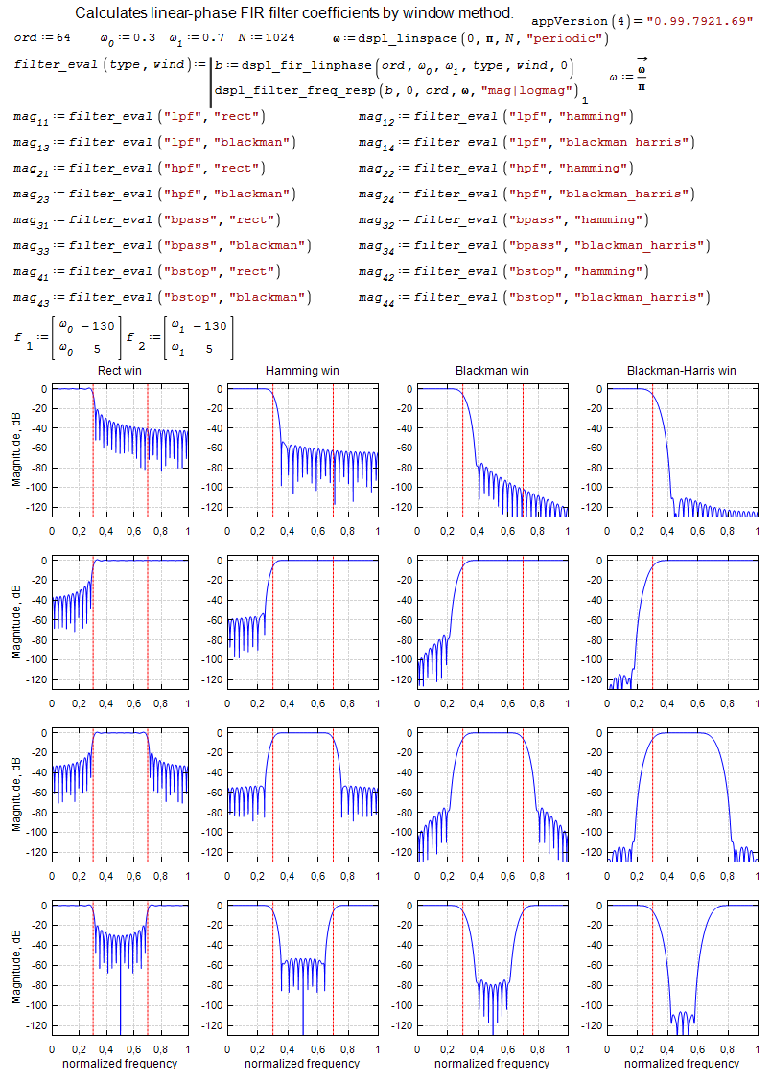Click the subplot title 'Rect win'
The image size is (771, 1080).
[120, 370]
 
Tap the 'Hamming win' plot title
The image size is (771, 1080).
[302, 370]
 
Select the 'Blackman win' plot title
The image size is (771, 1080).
[492, 370]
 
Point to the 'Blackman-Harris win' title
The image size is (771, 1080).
[682, 370]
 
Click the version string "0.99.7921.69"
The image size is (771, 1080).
[699, 21]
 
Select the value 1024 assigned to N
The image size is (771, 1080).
[279, 38]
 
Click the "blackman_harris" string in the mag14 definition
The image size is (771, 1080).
[626, 143]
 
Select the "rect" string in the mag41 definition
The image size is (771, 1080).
[249, 272]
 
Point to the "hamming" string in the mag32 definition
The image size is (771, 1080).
[605, 220]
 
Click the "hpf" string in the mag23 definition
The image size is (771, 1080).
[182, 195]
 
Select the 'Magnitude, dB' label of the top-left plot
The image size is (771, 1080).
[17, 445]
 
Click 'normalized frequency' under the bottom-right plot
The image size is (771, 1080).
[682, 1063]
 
